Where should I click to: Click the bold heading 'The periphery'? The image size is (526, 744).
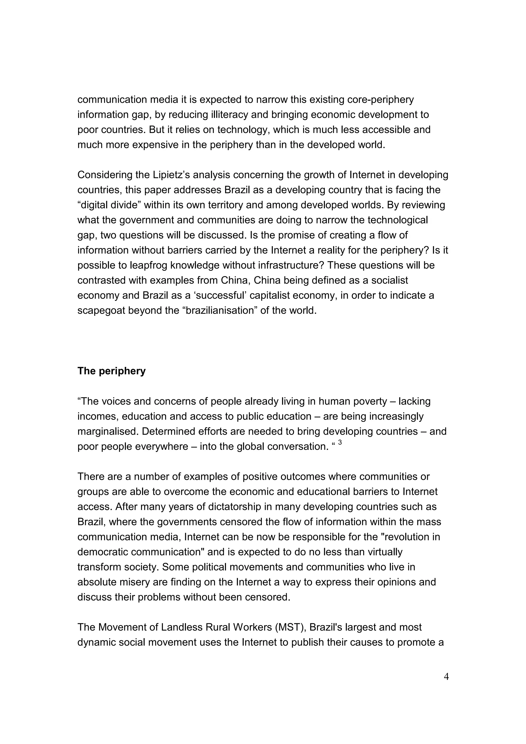pyautogui.click(x=111, y=371)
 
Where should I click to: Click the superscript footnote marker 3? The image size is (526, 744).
pyautogui.click(x=340, y=443)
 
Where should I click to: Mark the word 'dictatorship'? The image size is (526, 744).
pyautogui.click(x=228, y=507)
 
